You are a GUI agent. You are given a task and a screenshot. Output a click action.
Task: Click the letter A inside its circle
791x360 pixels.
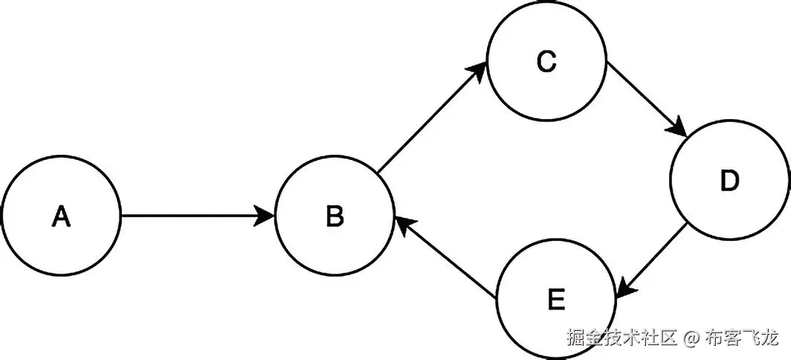coord(61,216)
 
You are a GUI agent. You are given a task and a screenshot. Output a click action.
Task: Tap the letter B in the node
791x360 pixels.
coord(335,216)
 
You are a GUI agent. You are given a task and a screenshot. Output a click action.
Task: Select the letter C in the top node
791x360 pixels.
coord(546,63)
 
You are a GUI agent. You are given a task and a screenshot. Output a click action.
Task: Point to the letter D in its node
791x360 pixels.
coord(730,181)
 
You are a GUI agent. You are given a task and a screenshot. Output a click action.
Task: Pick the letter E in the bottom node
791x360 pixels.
coord(556,300)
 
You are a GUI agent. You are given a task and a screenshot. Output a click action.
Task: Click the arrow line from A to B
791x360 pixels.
coord(193,216)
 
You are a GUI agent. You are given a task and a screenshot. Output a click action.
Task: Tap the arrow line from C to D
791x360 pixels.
coord(643,97)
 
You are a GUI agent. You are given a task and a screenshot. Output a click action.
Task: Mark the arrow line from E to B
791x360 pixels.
coord(446,260)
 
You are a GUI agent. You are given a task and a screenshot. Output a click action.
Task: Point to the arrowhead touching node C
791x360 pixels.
coord(478,71)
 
